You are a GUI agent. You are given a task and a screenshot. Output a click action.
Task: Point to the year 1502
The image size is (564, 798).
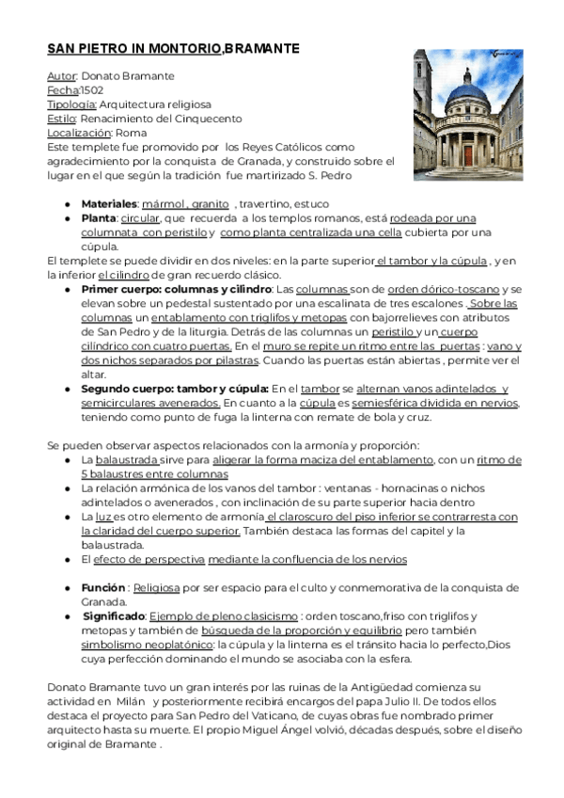(92, 89)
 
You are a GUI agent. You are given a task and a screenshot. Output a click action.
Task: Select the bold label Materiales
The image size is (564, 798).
(109, 203)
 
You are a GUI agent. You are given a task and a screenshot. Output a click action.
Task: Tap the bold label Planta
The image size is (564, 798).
(99, 217)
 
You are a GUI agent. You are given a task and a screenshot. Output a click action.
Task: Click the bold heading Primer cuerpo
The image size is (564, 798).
(125, 289)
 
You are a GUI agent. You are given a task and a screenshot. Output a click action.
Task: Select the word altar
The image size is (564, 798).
(94, 374)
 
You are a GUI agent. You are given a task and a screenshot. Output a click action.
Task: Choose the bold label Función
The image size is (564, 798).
(102, 587)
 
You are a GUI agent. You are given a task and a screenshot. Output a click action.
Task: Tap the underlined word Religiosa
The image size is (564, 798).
(156, 587)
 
